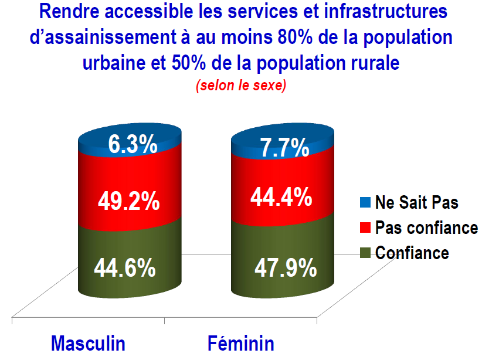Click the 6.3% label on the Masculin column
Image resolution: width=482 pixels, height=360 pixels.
click(x=133, y=144)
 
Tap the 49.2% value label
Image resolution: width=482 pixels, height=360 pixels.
click(x=129, y=201)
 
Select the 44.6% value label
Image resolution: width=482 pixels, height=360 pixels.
click(x=125, y=268)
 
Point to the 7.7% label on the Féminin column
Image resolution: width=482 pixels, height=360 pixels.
click(x=284, y=148)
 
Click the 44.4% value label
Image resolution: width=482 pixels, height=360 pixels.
click(x=281, y=196)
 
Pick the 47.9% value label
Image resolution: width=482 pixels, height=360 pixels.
click(x=286, y=268)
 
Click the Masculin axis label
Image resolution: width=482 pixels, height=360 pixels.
click(x=88, y=344)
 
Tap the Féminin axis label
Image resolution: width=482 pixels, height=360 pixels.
click(x=241, y=344)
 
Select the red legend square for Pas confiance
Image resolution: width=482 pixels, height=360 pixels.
click(x=365, y=227)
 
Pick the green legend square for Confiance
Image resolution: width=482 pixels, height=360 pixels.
click(x=365, y=253)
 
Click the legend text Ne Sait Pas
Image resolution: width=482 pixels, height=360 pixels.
click(x=417, y=203)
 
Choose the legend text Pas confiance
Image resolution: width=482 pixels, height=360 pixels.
click(x=427, y=228)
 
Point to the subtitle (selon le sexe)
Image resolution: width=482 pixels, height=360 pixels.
click(x=241, y=85)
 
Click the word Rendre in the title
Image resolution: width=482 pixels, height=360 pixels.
click(x=69, y=11)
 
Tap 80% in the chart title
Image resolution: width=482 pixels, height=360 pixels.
click(x=295, y=37)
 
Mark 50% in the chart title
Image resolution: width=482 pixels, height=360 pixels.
click(x=189, y=63)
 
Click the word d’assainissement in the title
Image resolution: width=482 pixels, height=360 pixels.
click(x=103, y=37)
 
